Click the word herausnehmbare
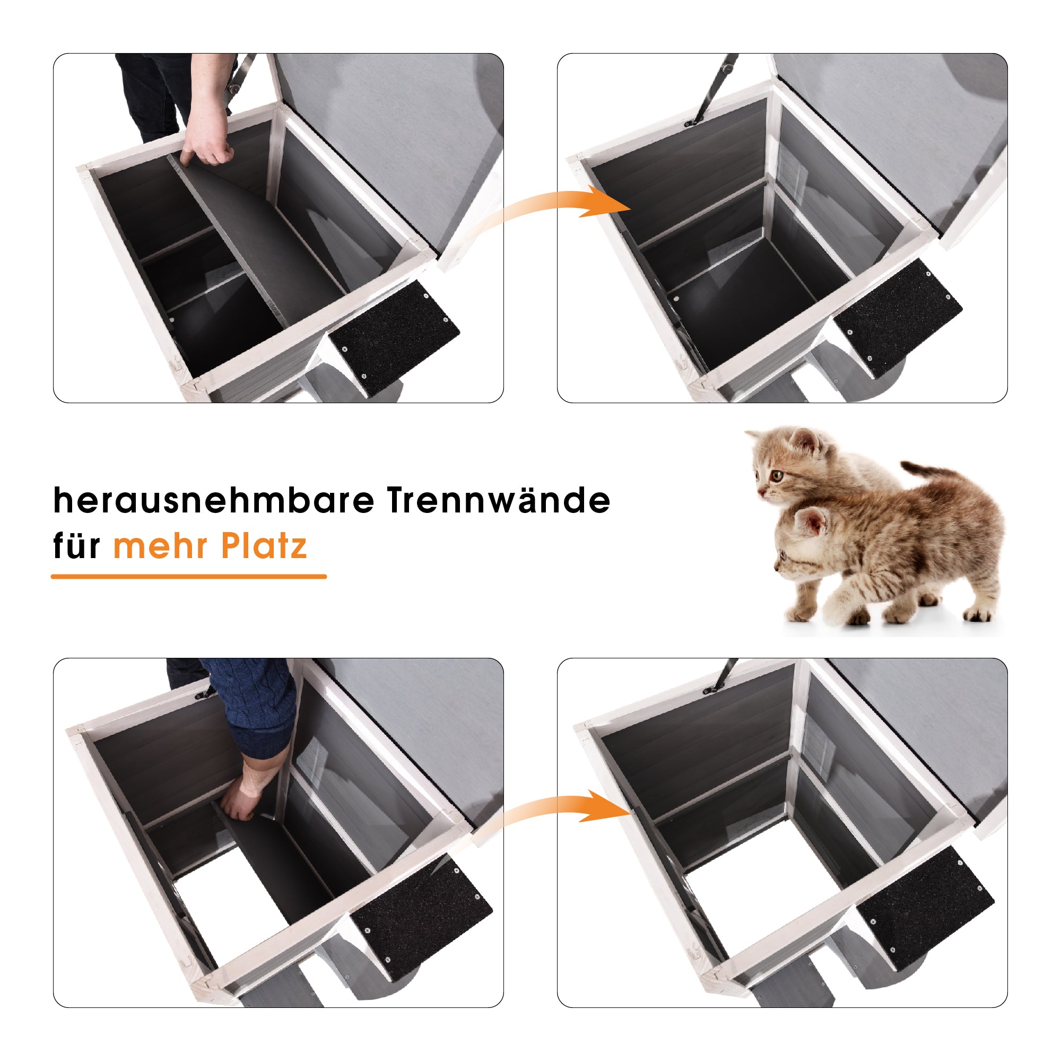tap(214, 500)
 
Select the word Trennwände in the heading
tap(499, 500)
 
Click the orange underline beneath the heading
tap(189, 577)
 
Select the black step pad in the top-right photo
tap(898, 311)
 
